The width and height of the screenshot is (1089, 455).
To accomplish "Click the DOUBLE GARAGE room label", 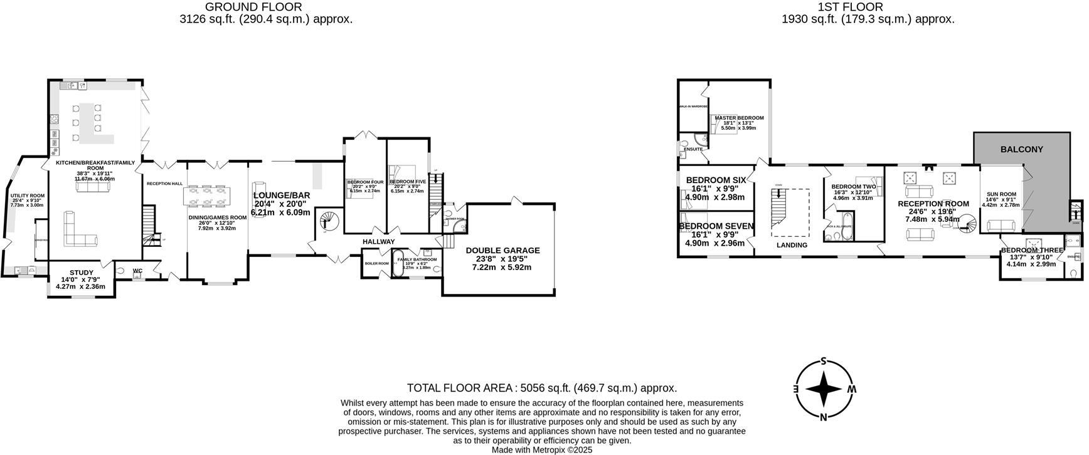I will click(502, 250).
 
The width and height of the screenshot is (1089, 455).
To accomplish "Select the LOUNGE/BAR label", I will click(282, 196).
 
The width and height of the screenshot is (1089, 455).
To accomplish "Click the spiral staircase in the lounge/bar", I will click(328, 221).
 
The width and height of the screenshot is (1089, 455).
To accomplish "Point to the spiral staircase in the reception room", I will click(969, 224).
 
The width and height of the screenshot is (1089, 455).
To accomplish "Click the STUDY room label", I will click(82, 273).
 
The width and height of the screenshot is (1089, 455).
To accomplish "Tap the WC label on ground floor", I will click(137, 271).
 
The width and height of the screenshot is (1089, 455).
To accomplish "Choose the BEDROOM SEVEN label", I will click(716, 226).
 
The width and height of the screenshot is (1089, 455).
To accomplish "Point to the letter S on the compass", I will click(823, 362).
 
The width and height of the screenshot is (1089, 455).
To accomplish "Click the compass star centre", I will click(823, 389).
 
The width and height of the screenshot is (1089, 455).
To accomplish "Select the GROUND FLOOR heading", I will click(253, 7).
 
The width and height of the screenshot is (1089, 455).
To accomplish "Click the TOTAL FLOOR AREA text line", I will click(541, 388).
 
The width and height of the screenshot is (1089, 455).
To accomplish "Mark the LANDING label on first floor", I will click(792, 245).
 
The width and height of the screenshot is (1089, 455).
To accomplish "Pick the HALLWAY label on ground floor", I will click(378, 241).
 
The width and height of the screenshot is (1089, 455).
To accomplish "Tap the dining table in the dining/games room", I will click(207, 196).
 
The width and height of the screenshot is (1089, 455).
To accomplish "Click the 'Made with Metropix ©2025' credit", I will click(541, 450).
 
